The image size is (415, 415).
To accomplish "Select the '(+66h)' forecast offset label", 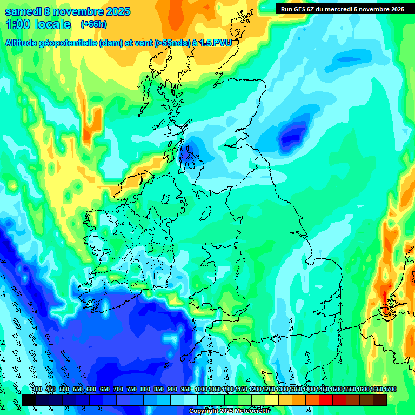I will [x=93, y=24].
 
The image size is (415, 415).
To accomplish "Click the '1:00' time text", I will [x=19, y=24].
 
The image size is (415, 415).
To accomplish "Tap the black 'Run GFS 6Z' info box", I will [x=343, y=9].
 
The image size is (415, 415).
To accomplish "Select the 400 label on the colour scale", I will [x=37, y=389].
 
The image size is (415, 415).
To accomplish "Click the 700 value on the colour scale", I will [x=118, y=389].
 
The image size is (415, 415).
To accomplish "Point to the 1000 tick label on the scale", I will [x=200, y=389].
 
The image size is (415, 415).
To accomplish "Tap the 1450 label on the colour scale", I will [x=323, y=389].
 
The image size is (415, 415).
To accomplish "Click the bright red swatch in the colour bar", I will [x=326, y=400].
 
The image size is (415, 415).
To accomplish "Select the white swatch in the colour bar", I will [x=190, y=400].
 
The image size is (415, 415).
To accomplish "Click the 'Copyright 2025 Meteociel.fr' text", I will [x=230, y=411].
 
